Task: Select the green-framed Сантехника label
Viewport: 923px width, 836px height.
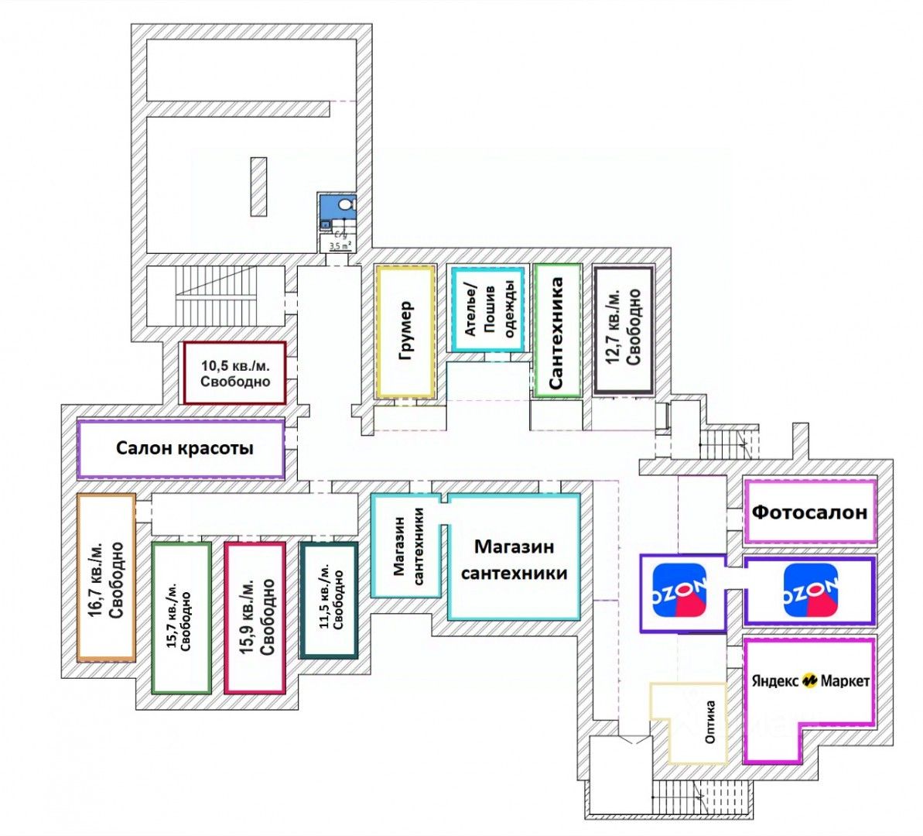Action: pyautogui.click(x=556, y=331)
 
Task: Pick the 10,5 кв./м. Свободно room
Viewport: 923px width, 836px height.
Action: pyautogui.click(x=235, y=373)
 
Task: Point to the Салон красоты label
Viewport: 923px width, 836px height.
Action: pyautogui.click(x=185, y=448)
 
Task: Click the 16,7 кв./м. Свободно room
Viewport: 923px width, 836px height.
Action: pyautogui.click(x=107, y=577)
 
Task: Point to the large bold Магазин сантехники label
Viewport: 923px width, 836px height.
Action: pyautogui.click(x=514, y=560)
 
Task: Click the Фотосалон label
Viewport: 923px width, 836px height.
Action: pyautogui.click(x=810, y=512)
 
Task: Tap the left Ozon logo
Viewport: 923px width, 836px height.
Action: pyautogui.click(x=680, y=591)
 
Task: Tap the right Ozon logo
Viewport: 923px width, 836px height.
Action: pyautogui.click(x=810, y=591)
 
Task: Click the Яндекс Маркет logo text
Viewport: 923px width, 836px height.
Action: pyautogui.click(x=810, y=681)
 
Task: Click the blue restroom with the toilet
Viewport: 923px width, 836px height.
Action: pyautogui.click(x=338, y=210)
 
